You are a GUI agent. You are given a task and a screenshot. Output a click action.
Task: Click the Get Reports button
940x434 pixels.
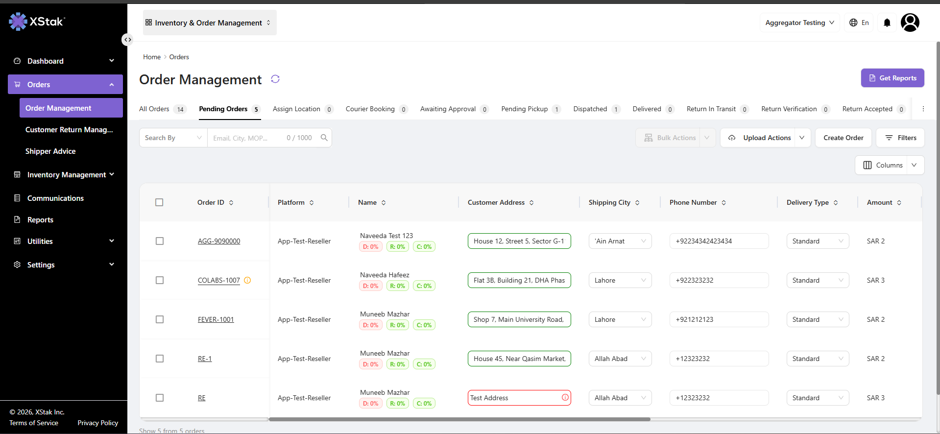(892, 78)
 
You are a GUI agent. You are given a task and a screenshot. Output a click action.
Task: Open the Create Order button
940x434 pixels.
(844, 138)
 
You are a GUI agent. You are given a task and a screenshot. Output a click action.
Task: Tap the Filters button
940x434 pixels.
(900, 138)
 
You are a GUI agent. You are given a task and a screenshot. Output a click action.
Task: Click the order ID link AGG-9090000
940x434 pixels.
(219, 241)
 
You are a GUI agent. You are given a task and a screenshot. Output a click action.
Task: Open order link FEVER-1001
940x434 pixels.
(216, 319)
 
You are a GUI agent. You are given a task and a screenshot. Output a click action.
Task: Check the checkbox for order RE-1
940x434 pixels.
(160, 359)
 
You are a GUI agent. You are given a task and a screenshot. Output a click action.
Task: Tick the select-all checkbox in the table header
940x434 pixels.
(159, 202)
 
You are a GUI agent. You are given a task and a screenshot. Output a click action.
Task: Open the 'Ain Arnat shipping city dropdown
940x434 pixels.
(620, 241)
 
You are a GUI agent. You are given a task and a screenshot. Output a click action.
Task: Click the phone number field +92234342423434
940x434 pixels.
(719, 241)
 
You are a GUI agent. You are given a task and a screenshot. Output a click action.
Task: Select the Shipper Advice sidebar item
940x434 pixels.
(50, 151)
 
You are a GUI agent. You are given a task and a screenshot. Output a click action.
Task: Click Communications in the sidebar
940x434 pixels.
(55, 198)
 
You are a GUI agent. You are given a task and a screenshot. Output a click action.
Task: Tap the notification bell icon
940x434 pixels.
(887, 23)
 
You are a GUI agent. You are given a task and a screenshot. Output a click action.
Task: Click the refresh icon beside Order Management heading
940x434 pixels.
(275, 79)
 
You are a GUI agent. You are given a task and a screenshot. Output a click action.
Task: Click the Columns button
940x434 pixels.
(882, 165)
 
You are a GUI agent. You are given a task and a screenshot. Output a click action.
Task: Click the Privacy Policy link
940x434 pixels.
(98, 423)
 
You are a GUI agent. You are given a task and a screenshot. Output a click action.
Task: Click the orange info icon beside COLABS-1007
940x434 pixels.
(247, 280)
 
